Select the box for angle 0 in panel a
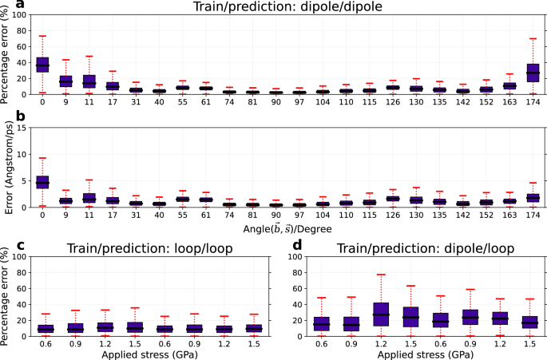42,65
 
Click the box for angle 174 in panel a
533,73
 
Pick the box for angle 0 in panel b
42,181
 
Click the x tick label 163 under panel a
509,103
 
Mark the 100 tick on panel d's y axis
299,257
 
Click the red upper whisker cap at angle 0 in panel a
42,36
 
